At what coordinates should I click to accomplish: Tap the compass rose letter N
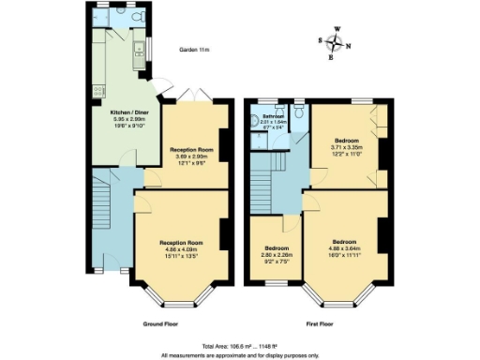tap(348, 46)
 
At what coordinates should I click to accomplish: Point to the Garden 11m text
tap(195, 51)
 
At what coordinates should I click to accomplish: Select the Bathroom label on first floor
tap(273, 116)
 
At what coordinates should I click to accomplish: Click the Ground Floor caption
tap(160, 323)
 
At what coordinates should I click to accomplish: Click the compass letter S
tap(321, 40)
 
